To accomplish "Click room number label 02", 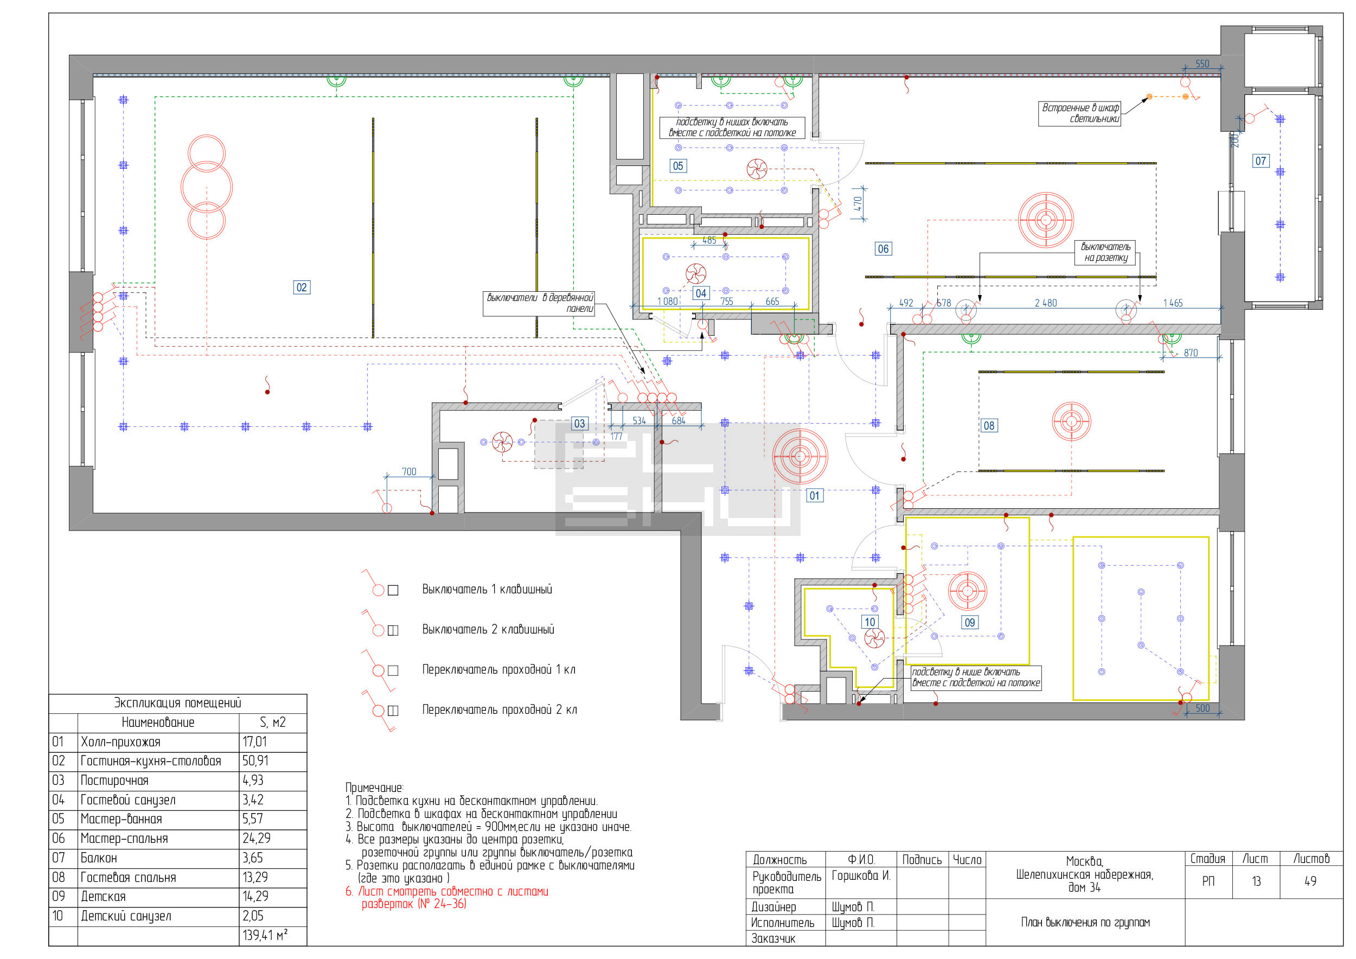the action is coord(302,287).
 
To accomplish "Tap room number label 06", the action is coord(883,248).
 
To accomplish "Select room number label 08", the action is coord(989,425).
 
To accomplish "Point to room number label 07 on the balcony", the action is coord(1261,161).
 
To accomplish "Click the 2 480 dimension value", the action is coord(1045,303).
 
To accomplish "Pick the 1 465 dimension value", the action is coord(1173,303).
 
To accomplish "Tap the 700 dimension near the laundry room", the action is coord(408,472).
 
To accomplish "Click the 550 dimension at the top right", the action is coord(1202,64).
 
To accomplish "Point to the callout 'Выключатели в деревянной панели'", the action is coord(539,303).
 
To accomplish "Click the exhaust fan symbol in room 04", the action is coord(696,273).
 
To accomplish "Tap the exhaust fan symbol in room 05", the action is coord(757,169).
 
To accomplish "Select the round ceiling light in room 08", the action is coord(1071,421).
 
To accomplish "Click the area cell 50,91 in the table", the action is coord(255,760).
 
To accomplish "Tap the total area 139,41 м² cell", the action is coord(265,935).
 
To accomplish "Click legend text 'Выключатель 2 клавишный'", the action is coord(488,630).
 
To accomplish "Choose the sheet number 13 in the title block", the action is coord(1256,881).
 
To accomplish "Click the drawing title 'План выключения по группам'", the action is coord(1085,923).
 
